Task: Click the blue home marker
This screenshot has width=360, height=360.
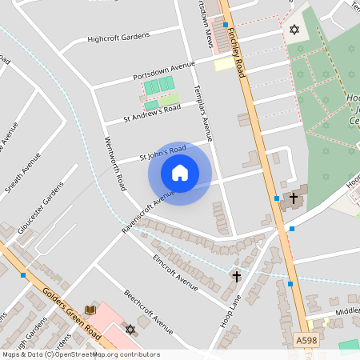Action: [180, 173]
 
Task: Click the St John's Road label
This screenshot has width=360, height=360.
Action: [162, 151]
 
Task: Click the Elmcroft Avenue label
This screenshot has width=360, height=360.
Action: [174, 272]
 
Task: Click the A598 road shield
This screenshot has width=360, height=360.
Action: [305, 339]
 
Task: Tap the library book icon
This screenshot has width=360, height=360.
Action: [91, 310]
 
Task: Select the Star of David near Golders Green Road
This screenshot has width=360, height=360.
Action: [130, 329]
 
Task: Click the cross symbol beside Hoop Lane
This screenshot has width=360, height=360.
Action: [236, 277]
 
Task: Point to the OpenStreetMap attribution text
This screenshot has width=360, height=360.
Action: [80, 354]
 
